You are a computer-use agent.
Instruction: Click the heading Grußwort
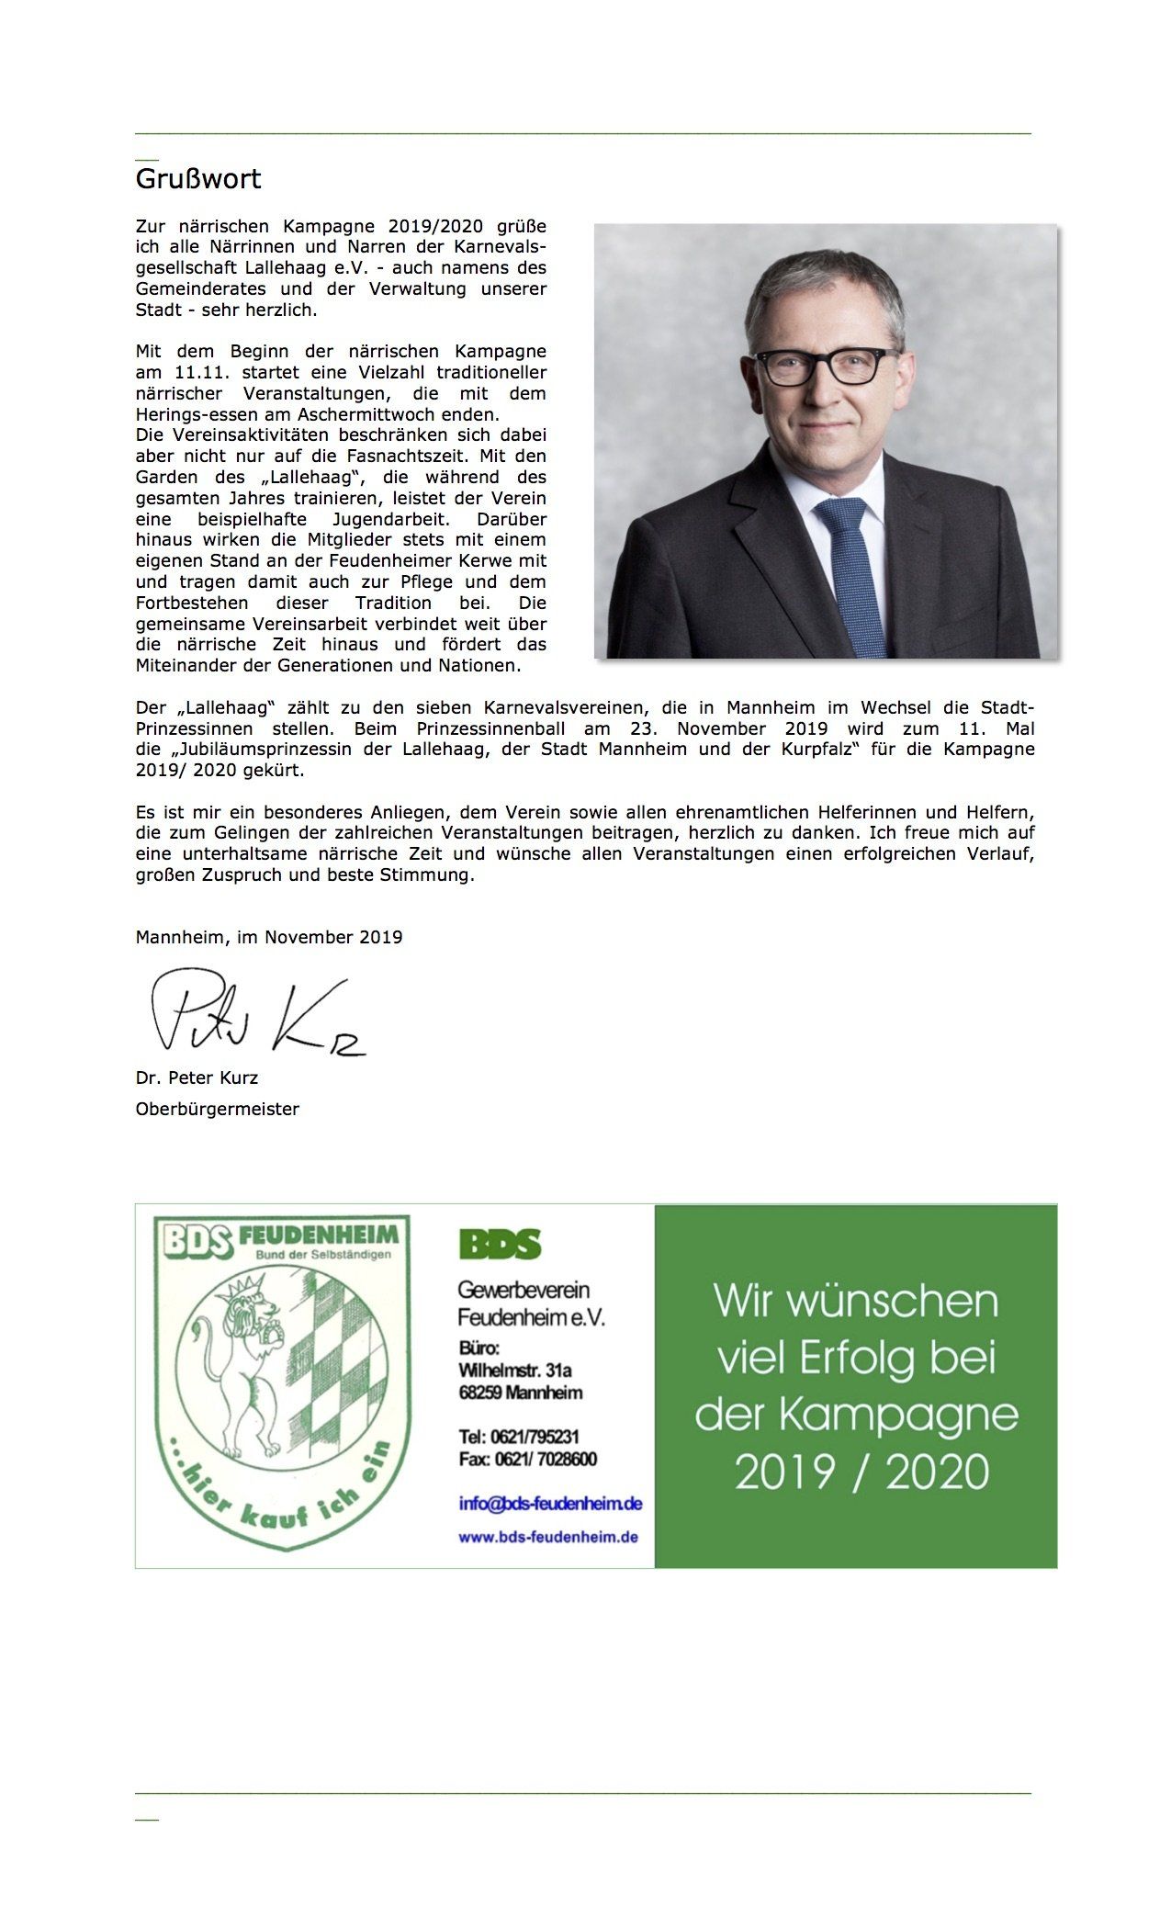pos(198,178)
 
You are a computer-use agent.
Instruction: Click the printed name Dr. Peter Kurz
pos(197,1077)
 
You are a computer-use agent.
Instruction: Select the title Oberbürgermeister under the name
pos(218,1109)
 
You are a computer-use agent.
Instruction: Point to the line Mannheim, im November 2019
pos(269,937)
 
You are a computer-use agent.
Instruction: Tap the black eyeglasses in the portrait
pos(826,367)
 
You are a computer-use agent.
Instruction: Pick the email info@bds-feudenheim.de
pos(550,1504)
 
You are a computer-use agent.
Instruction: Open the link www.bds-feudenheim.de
pos(548,1537)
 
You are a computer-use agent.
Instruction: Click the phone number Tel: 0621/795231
pos(519,1437)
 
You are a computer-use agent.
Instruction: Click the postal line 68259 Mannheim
pos(521,1393)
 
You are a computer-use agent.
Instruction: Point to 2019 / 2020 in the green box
pos(861,1472)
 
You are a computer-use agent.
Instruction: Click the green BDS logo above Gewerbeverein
pos(500,1245)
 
